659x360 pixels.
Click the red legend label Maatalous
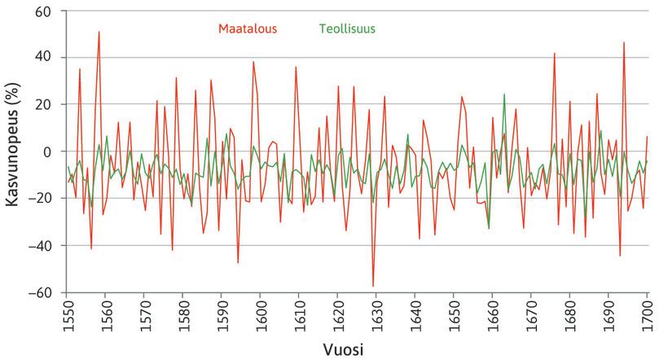[x=248, y=29]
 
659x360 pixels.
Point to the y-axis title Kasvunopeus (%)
[x=14, y=151]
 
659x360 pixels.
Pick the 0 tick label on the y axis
[x=47, y=151]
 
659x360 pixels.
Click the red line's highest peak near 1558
[x=99, y=32]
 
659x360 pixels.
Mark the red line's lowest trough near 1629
[x=373, y=287]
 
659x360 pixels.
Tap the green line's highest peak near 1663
[x=504, y=94]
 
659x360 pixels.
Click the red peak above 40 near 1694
[x=624, y=42]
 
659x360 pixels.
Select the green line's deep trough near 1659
[x=489, y=229]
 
